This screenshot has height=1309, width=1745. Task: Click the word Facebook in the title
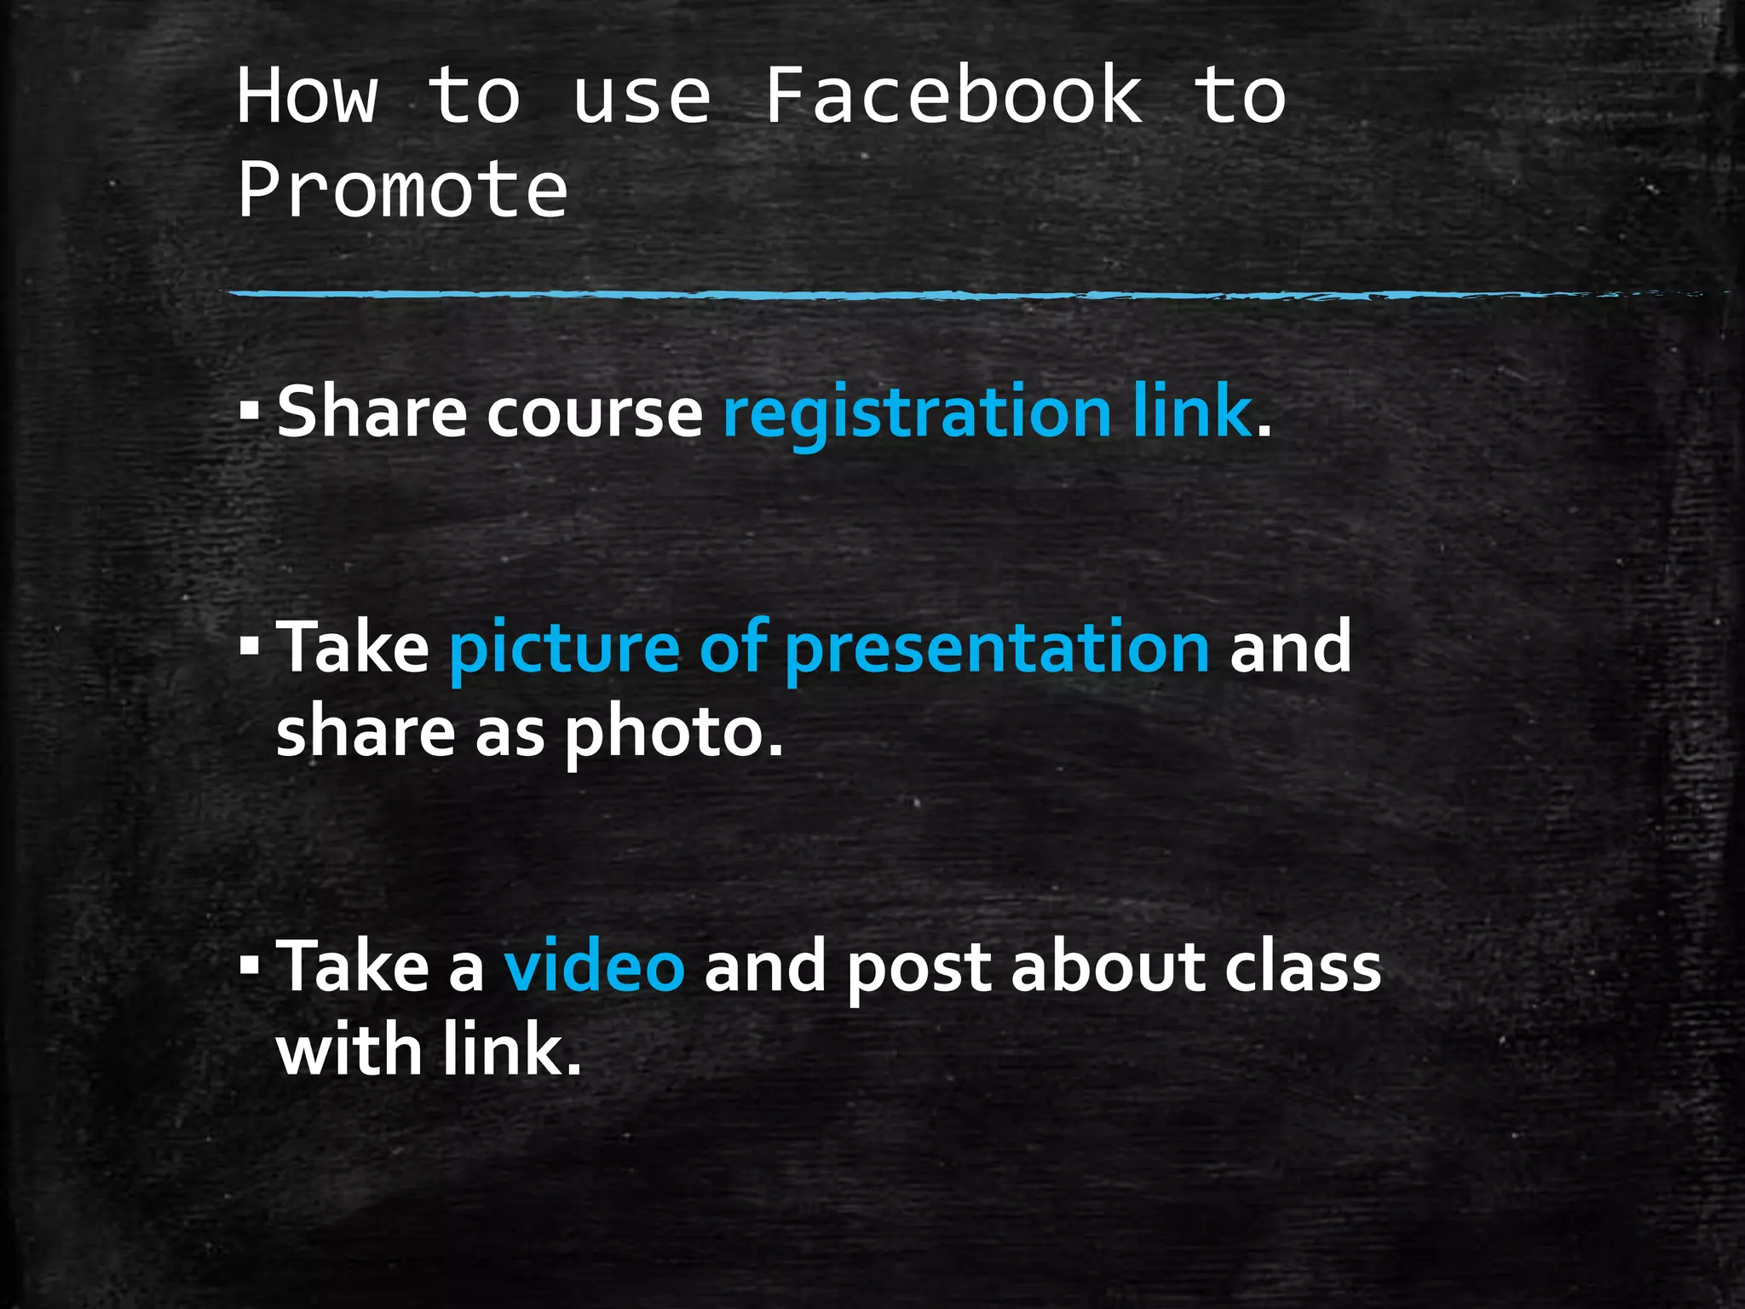[x=953, y=95]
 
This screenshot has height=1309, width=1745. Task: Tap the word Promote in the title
[x=402, y=189]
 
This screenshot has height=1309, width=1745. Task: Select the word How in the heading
[x=307, y=95]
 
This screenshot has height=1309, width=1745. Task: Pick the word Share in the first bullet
[x=371, y=412]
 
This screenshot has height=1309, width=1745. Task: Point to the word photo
[x=673, y=734]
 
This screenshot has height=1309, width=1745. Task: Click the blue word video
[x=594, y=967]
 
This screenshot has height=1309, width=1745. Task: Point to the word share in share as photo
[x=366, y=732]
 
